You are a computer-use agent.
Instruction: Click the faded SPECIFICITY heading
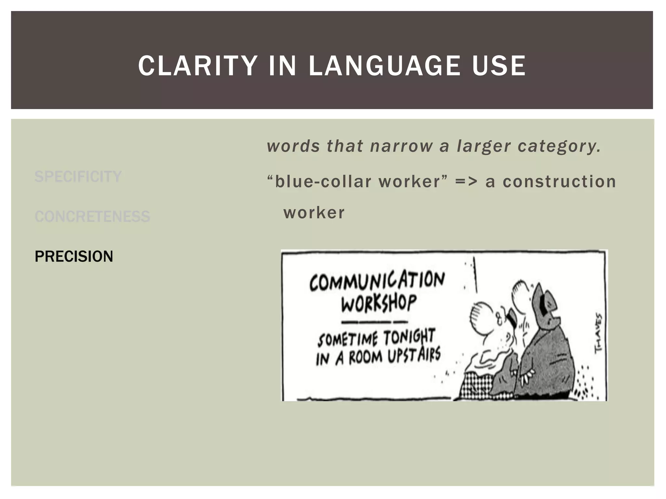point(78,177)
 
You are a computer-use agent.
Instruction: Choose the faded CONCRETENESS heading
point(92,216)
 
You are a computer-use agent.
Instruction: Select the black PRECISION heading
point(74,256)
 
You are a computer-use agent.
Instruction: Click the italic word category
point(559,147)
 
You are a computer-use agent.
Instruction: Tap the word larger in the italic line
point(484,147)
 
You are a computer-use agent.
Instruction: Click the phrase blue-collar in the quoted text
point(323,182)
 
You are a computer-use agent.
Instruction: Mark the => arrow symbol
point(466,182)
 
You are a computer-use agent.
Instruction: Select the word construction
point(559,182)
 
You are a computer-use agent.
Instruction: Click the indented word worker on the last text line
point(314,213)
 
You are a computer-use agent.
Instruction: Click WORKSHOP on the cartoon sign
point(379,303)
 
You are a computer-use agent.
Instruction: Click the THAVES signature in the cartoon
point(598,333)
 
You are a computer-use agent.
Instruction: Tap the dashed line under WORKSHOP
point(374,322)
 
